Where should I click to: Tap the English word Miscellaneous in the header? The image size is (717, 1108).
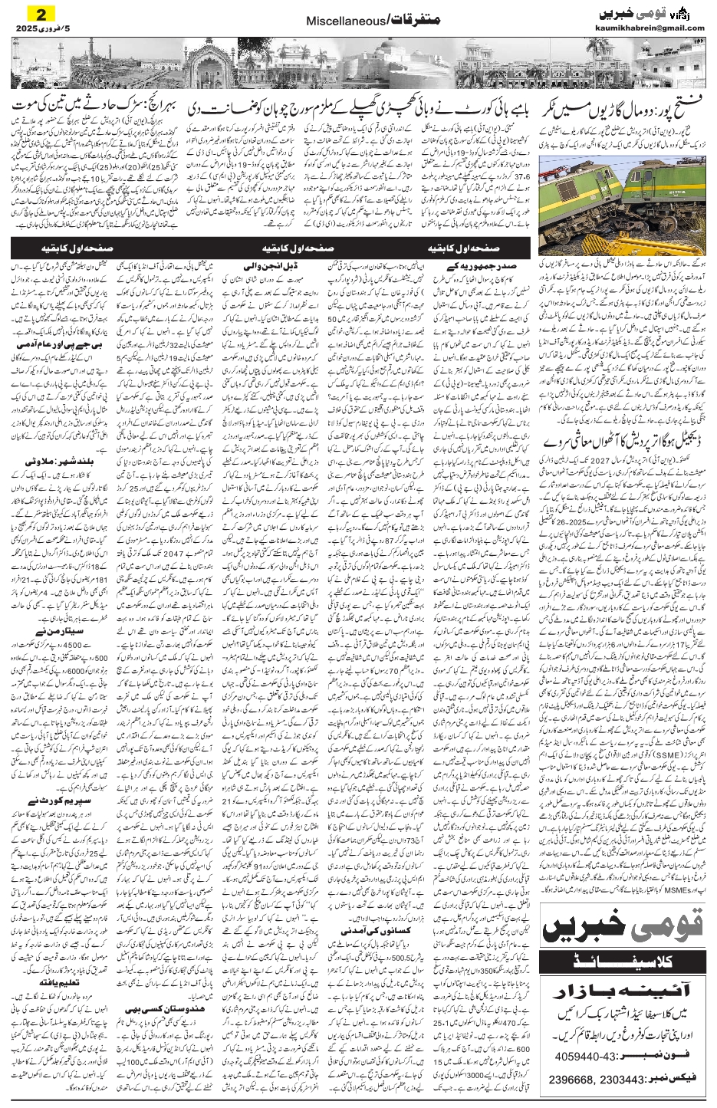coord(335,23)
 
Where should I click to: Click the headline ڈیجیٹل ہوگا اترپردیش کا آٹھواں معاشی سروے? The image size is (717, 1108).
coord(622,442)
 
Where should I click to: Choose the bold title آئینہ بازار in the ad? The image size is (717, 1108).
coord(623,986)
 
